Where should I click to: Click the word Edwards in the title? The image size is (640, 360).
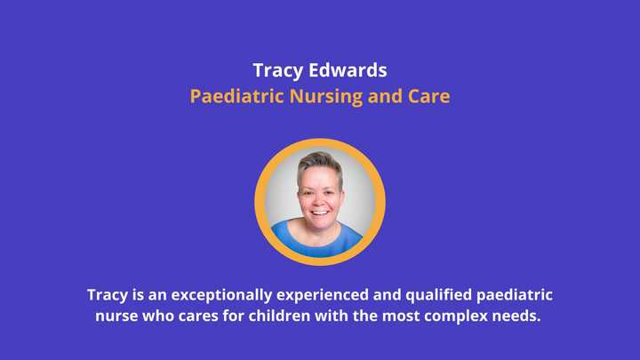348,70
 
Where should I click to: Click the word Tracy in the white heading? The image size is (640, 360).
278,71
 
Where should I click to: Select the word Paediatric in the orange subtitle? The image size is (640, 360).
236,96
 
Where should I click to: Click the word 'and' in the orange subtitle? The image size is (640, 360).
385,96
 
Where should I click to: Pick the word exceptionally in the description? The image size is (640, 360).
221,295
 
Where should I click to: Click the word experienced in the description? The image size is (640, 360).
323,295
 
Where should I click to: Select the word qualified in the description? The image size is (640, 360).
439,295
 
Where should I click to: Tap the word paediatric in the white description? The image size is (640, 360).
515,295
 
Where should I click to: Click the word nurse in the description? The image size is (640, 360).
116,316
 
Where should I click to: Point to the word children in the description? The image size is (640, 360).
280,316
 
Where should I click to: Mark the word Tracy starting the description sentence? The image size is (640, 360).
108,295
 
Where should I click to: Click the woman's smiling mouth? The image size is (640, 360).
320,212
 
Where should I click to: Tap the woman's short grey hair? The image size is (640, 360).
320,164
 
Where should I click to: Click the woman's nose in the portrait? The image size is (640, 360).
319,201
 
